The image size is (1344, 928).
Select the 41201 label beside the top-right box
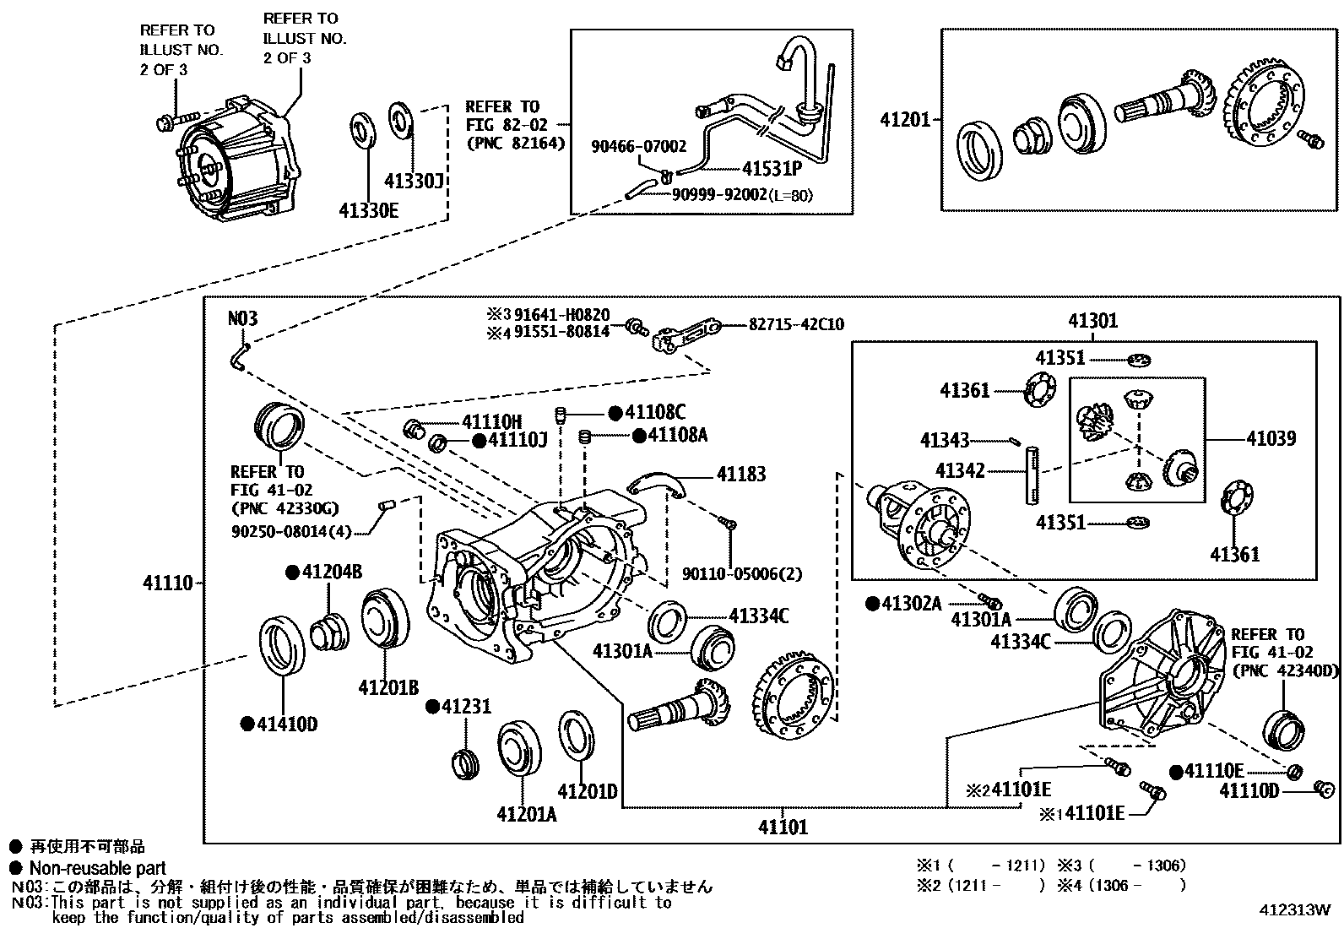tap(905, 120)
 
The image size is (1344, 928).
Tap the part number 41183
tap(741, 475)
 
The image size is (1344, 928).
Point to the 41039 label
tap(1271, 438)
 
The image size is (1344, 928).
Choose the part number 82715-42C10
tap(795, 324)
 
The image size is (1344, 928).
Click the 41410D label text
tap(287, 724)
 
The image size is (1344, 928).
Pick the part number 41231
tap(465, 707)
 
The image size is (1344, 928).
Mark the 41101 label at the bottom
tap(783, 827)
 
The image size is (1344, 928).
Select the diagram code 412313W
tap(1294, 910)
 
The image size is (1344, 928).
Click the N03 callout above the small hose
tap(243, 319)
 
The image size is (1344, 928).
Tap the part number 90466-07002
tap(638, 146)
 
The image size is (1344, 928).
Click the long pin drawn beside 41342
tap(1032, 477)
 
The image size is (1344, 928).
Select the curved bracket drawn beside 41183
tap(659, 484)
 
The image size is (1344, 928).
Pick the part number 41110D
tap(1249, 791)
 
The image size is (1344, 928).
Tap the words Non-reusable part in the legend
tap(97, 868)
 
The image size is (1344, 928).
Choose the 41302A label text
tap(911, 604)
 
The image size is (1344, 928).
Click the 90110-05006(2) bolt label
tap(742, 575)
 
